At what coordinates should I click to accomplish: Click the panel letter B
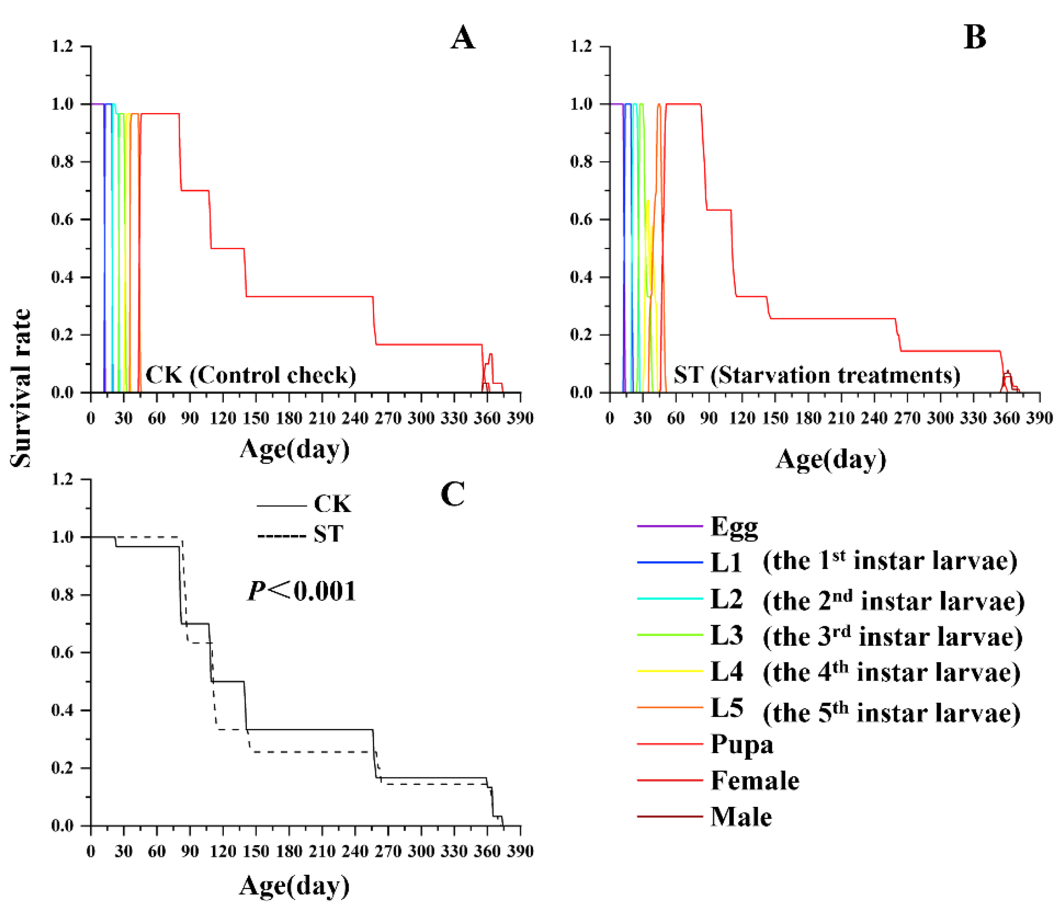coord(975,38)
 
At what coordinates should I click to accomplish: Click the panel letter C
coord(452,494)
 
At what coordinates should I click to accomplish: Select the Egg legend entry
coord(733,527)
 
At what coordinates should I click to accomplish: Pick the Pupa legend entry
coord(741,744)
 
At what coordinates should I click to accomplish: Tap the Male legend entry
coord(740,816)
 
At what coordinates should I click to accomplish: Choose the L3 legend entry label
coord(726,635)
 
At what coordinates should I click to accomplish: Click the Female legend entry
coord(754,780)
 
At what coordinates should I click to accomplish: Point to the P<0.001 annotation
coord(302,591)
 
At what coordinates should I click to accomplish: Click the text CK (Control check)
coord(250,375)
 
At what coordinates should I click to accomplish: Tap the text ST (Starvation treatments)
coord(816,375)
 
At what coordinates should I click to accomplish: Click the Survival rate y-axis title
coord(21,388)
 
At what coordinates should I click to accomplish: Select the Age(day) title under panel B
coord(831,458)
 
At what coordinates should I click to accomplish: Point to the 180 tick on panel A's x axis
coord(288,418)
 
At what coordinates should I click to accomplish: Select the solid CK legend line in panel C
coord(282,506)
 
